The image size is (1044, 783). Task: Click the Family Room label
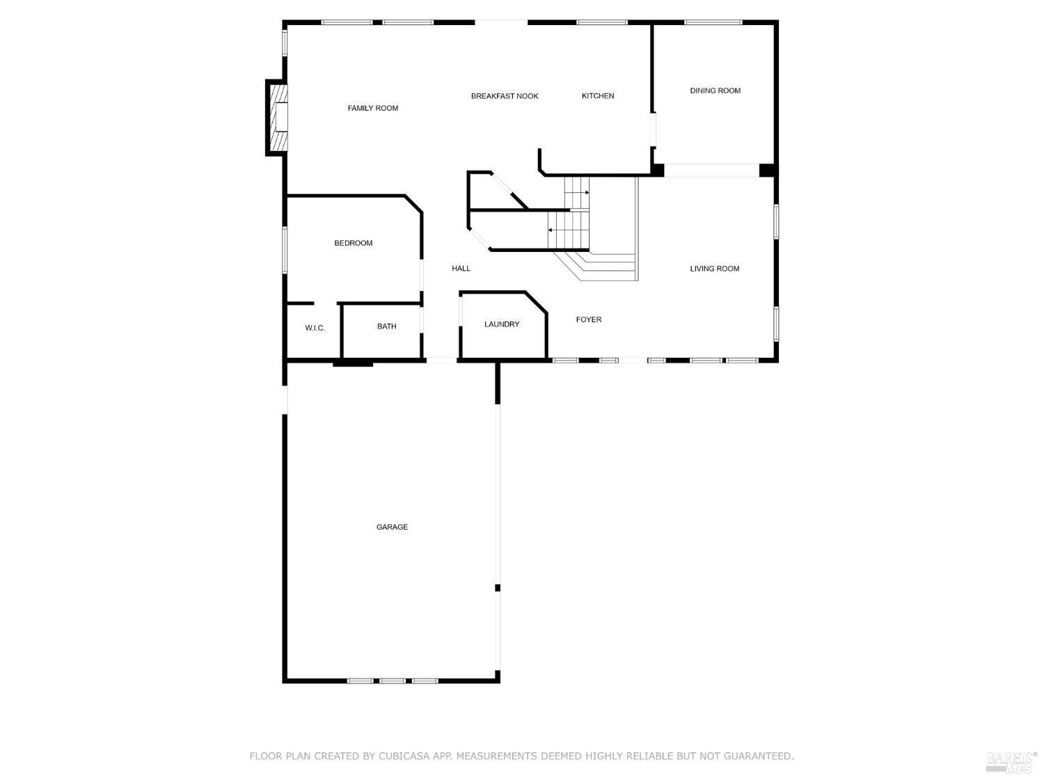[x=373, y=108]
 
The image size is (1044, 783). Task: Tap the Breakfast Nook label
[x=505, y=96]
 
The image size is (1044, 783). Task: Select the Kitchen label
[x=598, y=96]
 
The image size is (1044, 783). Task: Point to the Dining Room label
[x=715, y=90]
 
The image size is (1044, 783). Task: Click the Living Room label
[x=714, y=269]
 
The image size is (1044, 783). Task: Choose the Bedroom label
[x=354, y=243]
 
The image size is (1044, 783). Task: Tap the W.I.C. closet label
[x=315, y=328]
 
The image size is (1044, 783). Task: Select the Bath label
[x=386, y=326]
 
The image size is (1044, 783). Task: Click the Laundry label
[x=502, y=324]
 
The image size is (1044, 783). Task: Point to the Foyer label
[x=589, y=319]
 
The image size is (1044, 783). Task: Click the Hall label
[x=461, y=269]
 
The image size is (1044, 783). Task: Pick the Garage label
[x=392, y=527]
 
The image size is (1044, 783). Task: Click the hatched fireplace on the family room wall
[x=278, y=118]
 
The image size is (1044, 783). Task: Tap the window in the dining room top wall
[x=713, y=22]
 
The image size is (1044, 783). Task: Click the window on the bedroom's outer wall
[x=284, y=249]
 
